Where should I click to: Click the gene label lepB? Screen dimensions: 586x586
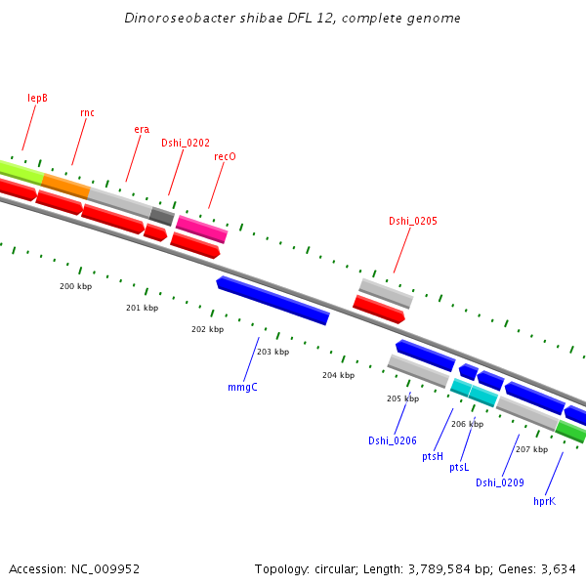click(x=38, y=98)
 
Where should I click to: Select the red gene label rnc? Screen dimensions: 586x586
click(x=87, y=112)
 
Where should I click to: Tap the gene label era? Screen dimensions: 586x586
click(x=142, y=129)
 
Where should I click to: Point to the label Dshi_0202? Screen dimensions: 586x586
click(x=186, y=143)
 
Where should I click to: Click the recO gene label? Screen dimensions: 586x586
click(x=225, y=156)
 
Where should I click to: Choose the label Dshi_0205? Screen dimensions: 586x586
click(x=413, y=221)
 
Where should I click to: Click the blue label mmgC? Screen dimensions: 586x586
click(x=241, y=387)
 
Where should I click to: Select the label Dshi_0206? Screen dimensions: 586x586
click(x=393, y=440)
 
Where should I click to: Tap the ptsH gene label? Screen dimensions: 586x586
click(x=433, y=456)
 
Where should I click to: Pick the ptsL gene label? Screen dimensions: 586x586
click(x=459, y=468)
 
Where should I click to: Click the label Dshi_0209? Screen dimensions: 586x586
click(x=500, y=482)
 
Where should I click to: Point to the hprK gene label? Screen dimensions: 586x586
click(x=544, y=501)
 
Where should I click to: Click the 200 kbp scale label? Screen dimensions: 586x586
click(x=75, y=286)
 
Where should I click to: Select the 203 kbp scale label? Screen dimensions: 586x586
click(x=272, y=352)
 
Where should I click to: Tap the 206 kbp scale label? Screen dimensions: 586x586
click(x=467, y=424)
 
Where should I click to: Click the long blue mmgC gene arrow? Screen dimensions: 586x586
click(x=273, y=300)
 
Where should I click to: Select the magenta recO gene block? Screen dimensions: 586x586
click(x=201, y=230)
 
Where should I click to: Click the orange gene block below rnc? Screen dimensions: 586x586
click(x=65, y=185)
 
